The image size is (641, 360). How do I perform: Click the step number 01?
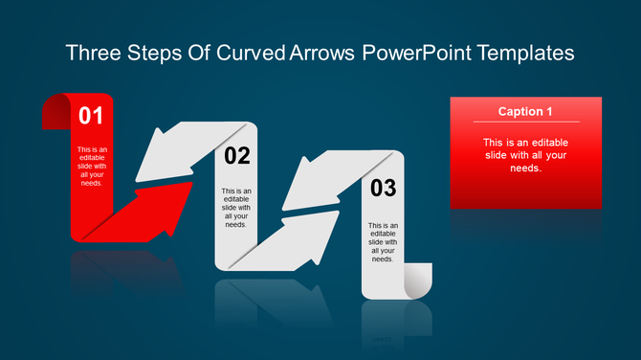90,117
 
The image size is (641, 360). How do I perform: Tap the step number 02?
236,155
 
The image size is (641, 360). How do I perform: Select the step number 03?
383,189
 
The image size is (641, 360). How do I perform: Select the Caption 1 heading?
525,112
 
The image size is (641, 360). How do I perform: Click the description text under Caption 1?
525,155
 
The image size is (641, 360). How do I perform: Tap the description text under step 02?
236,207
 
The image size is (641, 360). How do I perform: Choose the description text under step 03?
383,240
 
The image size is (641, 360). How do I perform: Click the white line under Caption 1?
525,123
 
